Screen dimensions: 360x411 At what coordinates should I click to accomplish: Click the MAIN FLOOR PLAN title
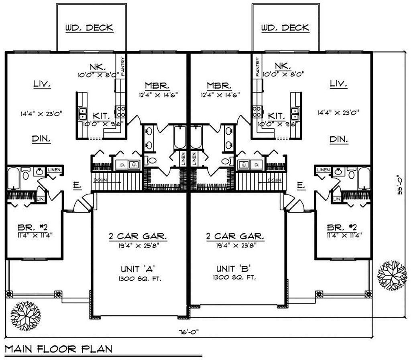coord(59,348)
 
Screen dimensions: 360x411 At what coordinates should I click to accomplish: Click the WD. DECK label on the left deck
coord(89,28)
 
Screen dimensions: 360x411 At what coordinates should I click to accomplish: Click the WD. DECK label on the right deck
coord(285,28)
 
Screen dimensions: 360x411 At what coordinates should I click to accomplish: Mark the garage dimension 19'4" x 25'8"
coord(138,246)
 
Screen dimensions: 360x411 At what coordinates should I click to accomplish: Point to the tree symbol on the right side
coord(391,274)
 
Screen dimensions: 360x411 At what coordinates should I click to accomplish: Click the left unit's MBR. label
coord(154,86)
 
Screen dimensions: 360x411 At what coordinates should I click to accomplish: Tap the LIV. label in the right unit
coord(338,84)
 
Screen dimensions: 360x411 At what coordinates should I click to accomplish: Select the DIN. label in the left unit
coord(41,139)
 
